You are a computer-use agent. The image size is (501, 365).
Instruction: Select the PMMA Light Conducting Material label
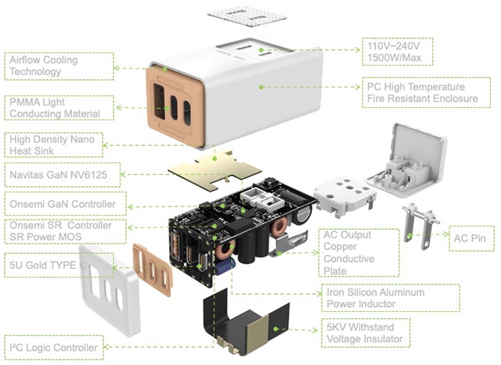[x=59, y=108]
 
